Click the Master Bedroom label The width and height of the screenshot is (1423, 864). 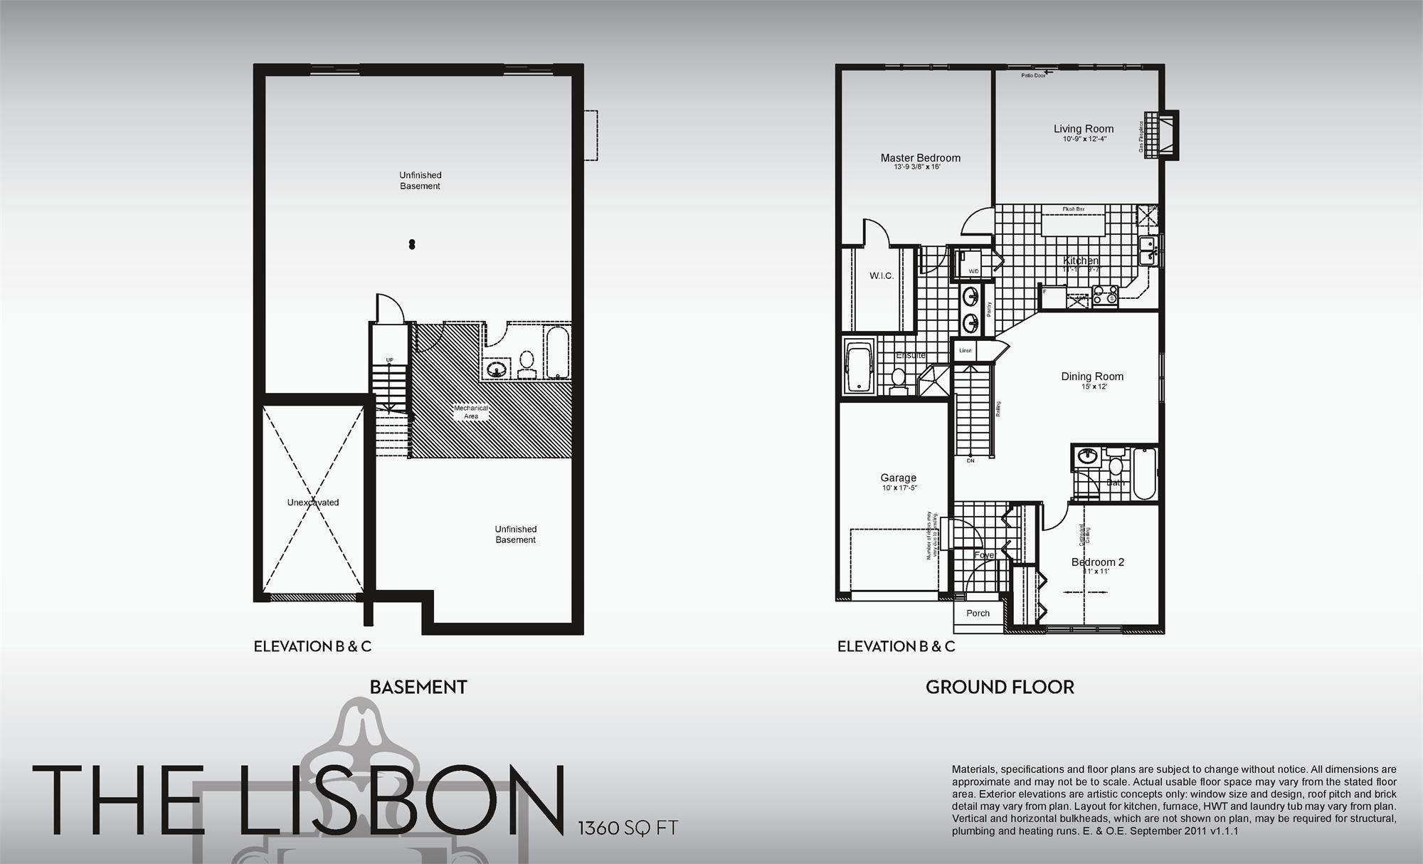pyautogui.click(x=920, y=158)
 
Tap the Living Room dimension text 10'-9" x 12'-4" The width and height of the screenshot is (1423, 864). pyautogui.click(x=1084, y=139)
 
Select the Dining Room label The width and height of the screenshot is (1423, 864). pyautogui.click(x=1092, y=376)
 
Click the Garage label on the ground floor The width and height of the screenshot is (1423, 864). pyautogui.click(x=898, y=478)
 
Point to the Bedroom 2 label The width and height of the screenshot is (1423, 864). pyautogui.click(x=1098, y=562)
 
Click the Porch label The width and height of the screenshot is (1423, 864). pyautogui.click(x=978, y=613)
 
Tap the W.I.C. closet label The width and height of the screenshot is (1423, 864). pyautogui.click(x=881, y=275)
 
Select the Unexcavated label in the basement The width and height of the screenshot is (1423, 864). pyautogui.click(x=313, y=502)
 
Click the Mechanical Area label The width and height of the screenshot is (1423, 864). pyautogui.click(x=471, y=412)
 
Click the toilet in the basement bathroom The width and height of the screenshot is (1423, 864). pyautogui.click(x=527, y=363)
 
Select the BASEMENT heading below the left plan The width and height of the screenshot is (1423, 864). pyautogui.click(x=418, y=687)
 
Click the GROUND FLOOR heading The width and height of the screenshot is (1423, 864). pyautogui.click(x=1000, y=687)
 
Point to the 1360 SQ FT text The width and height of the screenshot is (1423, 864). pyautogui.click(x=628, y=828)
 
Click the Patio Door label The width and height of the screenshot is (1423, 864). pyautogui.click(x=1033, y=75)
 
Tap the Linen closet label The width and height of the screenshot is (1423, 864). pyautogui.click(x=966, y=351)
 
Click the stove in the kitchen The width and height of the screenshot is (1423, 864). pyautogui.click(x=1105, y=295)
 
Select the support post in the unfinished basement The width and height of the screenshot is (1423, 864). pyautogui.click(x=412, y=245)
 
